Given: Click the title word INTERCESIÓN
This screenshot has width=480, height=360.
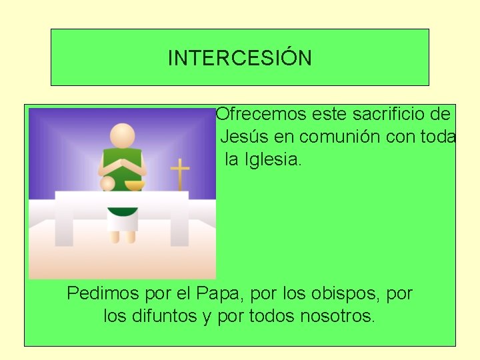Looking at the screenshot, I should [239, 58].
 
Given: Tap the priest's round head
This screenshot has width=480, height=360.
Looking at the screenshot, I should [123, 136].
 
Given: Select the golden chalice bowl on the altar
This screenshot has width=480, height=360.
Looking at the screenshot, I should [135, 185].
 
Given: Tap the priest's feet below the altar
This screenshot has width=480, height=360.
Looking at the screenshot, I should [123, 237].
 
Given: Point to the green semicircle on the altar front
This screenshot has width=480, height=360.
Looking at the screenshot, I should [123, 212].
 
